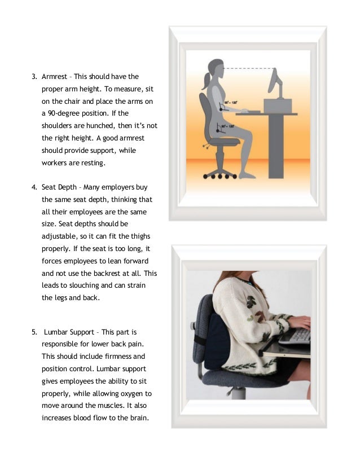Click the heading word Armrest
pyautogui.click(x=55, y=77)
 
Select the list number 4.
pyautogui.click(x=33, y=187)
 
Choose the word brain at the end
pyautogui.click(x=135, y=419)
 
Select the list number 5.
pyautogui.click(x=33, y=332)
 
